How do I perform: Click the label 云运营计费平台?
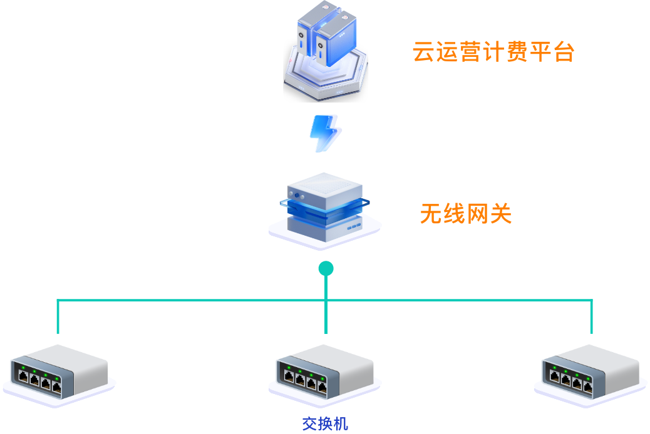tap(493, 53)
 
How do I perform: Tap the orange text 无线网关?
tap(465, 214)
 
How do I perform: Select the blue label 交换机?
tap(325, 423)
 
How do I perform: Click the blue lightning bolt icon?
tap(326, 133)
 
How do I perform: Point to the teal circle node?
tap(326, 269)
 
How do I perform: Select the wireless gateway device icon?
tap(325, 209)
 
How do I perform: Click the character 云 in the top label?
tap(424, 53)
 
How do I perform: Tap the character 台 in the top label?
tap(564, 53)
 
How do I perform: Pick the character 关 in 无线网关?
tap(500, 214)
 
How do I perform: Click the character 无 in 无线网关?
tap(431, 214)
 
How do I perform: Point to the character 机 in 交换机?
tap(341, 423)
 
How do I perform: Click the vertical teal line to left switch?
tap(58, 317)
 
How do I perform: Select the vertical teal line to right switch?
tap(591, 317)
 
